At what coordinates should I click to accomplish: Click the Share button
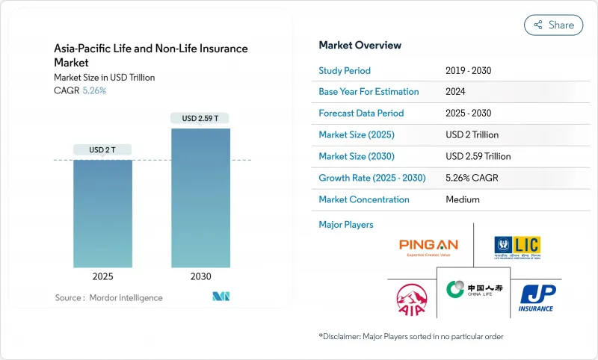(x=553, y=25)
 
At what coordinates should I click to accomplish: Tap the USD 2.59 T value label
(x=200, y=118)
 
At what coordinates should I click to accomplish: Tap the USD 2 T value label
(x=102, y=150)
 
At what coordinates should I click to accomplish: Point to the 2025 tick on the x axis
(x=102, y=276)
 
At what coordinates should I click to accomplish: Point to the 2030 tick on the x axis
(x=200, y=276)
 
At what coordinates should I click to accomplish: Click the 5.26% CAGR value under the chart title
(x=93, y=90)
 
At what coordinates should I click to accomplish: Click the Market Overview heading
(x=360, y=46)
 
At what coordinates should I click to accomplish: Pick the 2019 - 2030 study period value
(x=469, y=70)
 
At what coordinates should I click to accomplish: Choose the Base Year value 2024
(x=457, y=92)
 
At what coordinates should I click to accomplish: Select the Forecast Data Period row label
(x=361, y=114)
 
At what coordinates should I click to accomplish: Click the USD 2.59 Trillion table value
(x=478, y=156)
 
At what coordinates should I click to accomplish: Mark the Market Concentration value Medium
(x=462, y=199)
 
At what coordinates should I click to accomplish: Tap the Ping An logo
(x=428, y=246)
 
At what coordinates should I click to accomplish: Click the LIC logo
(x=517, y=246)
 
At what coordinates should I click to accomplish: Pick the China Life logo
(x=473, y=290)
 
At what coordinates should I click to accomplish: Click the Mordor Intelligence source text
(x=108, y=298)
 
